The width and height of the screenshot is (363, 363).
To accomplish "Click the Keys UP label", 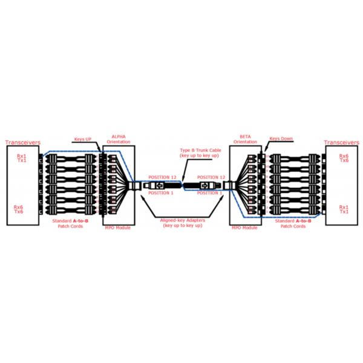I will point(83,139).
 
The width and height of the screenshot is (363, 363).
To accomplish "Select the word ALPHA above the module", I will point(116,136).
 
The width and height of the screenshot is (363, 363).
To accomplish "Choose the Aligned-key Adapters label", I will point(181,222).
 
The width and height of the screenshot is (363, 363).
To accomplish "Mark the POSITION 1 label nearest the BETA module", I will point(211,192).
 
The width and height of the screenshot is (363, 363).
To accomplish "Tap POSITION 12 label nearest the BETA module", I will point(212,177).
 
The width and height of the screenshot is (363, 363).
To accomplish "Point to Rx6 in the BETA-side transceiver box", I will point(344,155).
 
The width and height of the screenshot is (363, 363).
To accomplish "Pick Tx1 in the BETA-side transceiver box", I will point(344,212).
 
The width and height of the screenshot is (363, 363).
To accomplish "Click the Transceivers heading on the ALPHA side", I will point(23,143).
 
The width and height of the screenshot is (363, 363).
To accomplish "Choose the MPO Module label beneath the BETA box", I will point(244,227).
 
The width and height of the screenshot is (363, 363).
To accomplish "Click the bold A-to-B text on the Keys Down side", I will point(302,221).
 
